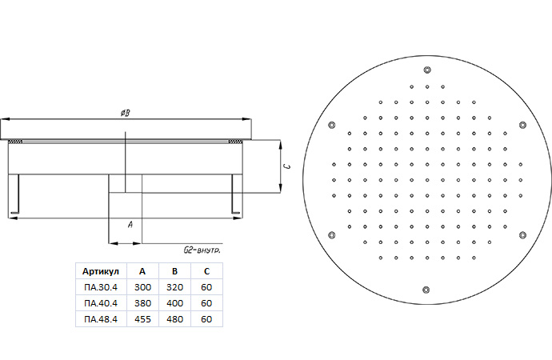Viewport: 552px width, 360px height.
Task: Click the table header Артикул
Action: pos(101,271)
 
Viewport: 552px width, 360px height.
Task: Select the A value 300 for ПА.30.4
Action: pos(142,287)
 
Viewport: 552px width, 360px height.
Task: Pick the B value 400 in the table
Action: pos(174,303)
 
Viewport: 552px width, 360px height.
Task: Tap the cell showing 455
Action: pos(142,319)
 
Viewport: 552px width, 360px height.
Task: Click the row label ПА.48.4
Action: pos(101,319)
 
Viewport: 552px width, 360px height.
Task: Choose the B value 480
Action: pos(174,319)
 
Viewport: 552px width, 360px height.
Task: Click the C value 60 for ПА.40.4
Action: pos(206,303)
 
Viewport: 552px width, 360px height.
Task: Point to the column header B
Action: pos(174,271)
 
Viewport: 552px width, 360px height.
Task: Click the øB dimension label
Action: pos(126,113)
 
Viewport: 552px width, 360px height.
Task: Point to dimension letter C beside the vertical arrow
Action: pos(288,166)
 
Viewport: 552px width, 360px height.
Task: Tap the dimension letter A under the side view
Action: pos(130,225)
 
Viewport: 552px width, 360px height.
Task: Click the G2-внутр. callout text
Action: pos(202,250)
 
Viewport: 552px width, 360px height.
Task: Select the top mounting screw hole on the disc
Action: pos(427,70)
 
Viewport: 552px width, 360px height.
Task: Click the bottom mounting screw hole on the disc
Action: pos(426,290)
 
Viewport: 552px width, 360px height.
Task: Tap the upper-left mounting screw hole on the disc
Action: pos(332,125)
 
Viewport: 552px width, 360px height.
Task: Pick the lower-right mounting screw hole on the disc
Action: pos(522,235)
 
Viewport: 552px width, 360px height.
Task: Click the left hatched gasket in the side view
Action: pos(15,142)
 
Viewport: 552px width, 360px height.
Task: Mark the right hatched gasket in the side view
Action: pos(235,142)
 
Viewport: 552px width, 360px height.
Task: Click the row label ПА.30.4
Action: pos(101,287)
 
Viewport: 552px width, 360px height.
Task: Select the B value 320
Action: pos(174,287)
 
